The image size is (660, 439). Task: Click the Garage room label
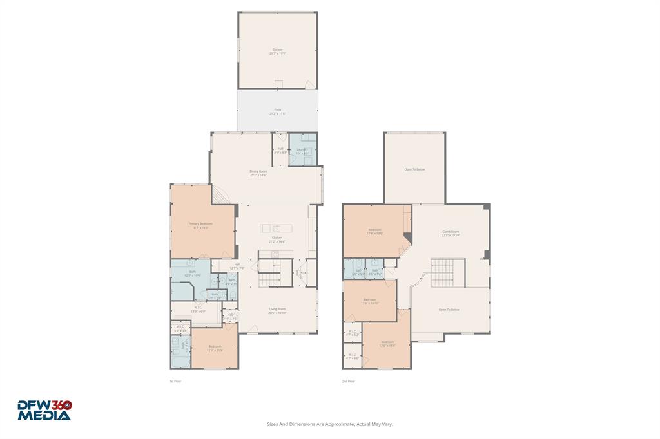277,51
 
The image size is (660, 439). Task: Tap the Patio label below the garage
277,112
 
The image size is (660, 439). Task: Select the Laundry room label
302,151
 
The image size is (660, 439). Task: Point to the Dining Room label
258,173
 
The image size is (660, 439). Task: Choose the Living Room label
277,310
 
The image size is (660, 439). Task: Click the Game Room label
450,233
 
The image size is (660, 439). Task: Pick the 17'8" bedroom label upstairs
375,232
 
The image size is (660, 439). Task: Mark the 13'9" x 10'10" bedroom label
370,301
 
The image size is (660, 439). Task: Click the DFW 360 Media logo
44,410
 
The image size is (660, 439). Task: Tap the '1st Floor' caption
175,381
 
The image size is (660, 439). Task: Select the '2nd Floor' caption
349,381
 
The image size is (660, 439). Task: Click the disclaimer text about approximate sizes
330,424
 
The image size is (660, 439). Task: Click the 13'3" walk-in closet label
197,309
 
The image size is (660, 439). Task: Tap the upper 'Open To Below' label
414,169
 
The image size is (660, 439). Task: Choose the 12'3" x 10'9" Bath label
193,274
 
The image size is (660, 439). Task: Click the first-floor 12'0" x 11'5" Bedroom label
215,348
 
